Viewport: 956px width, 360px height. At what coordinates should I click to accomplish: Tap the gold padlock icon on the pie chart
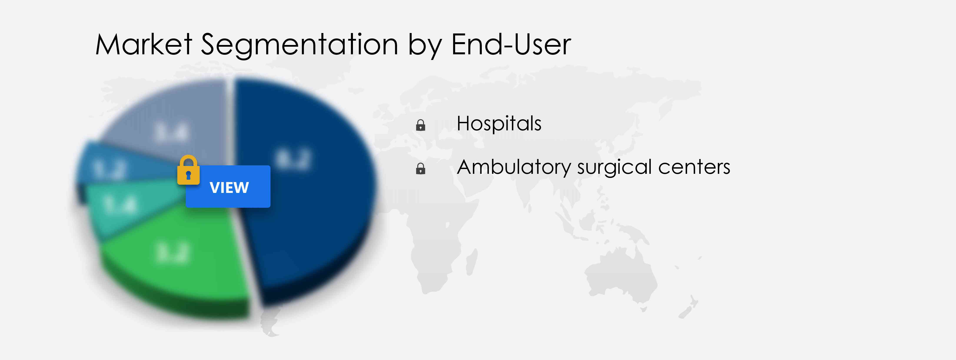coord(188,170)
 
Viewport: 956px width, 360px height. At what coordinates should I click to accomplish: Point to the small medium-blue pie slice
coord(108,167)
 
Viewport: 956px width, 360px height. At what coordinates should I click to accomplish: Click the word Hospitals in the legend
coord(499,124)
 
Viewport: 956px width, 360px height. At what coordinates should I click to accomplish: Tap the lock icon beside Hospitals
coord(421,125)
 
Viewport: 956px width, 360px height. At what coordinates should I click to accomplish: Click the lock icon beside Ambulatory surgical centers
coord(421,169)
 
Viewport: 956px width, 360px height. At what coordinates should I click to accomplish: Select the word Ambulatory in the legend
coord(514,167)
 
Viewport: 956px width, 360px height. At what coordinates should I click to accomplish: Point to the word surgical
coord(614,167)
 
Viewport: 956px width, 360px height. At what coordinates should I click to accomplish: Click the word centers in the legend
coord(694,167)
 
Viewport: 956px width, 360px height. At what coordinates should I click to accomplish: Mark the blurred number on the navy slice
coord(293,160)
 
